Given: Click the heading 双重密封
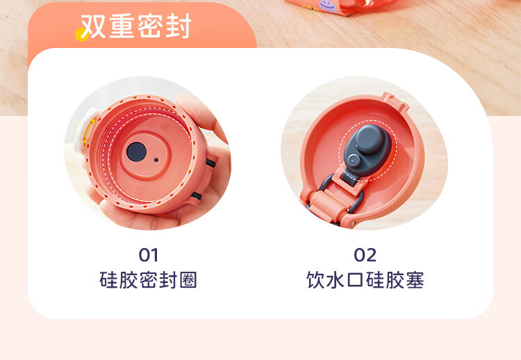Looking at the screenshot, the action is [136, 26].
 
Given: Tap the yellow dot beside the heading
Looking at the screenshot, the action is [81, 35].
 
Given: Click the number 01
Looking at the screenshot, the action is [148, 255].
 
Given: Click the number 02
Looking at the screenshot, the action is [365, 255].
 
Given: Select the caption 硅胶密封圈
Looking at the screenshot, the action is [148, 280].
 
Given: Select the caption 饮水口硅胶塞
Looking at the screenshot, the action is [365, 280].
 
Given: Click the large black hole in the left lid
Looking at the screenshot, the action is [137, 152].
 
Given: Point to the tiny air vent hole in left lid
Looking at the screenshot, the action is [156, 160].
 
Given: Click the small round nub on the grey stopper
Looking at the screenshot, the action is [354, 161].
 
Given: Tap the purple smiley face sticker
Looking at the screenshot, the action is [328, 6].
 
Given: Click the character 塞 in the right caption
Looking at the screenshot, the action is [415, 280].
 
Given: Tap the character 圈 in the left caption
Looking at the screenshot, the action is [188, 280].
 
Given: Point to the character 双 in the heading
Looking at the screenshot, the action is [93, 26].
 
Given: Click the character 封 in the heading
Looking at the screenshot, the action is [179, 26].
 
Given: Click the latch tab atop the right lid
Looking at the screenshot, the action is [395, 101].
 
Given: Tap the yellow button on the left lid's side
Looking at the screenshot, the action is [86, 132].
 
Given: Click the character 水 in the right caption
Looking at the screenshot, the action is [335, 280].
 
